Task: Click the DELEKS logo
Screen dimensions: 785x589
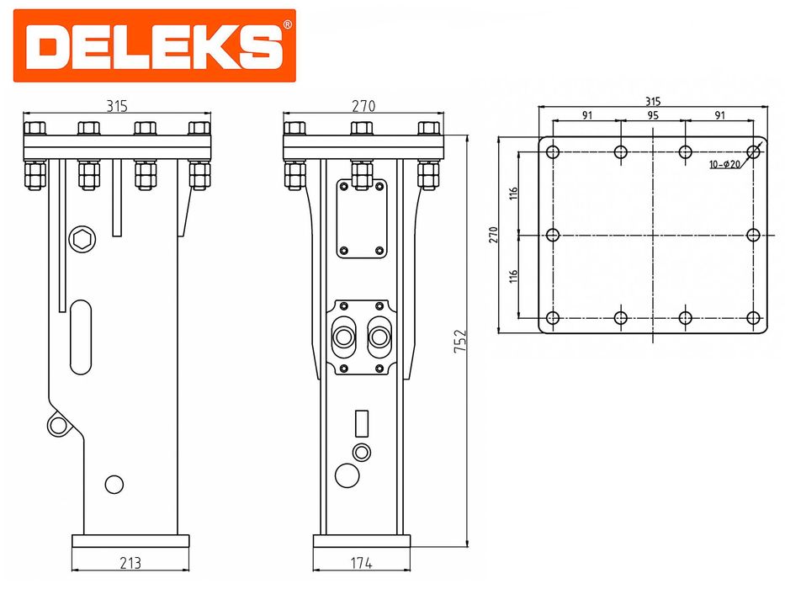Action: point(154,45)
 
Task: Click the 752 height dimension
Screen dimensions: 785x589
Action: point(460,341)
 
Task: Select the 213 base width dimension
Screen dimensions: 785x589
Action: point(130,563)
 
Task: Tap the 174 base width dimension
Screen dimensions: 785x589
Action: point(362,563)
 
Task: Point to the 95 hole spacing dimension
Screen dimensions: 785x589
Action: point(653,115)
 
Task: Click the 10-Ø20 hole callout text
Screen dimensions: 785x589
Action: point(724,164)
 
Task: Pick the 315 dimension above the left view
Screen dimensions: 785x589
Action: point(117,106)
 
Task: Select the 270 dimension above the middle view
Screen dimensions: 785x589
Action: point(363,106)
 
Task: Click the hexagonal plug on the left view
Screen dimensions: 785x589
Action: point(82,240)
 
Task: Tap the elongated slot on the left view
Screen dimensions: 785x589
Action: point(81,337)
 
